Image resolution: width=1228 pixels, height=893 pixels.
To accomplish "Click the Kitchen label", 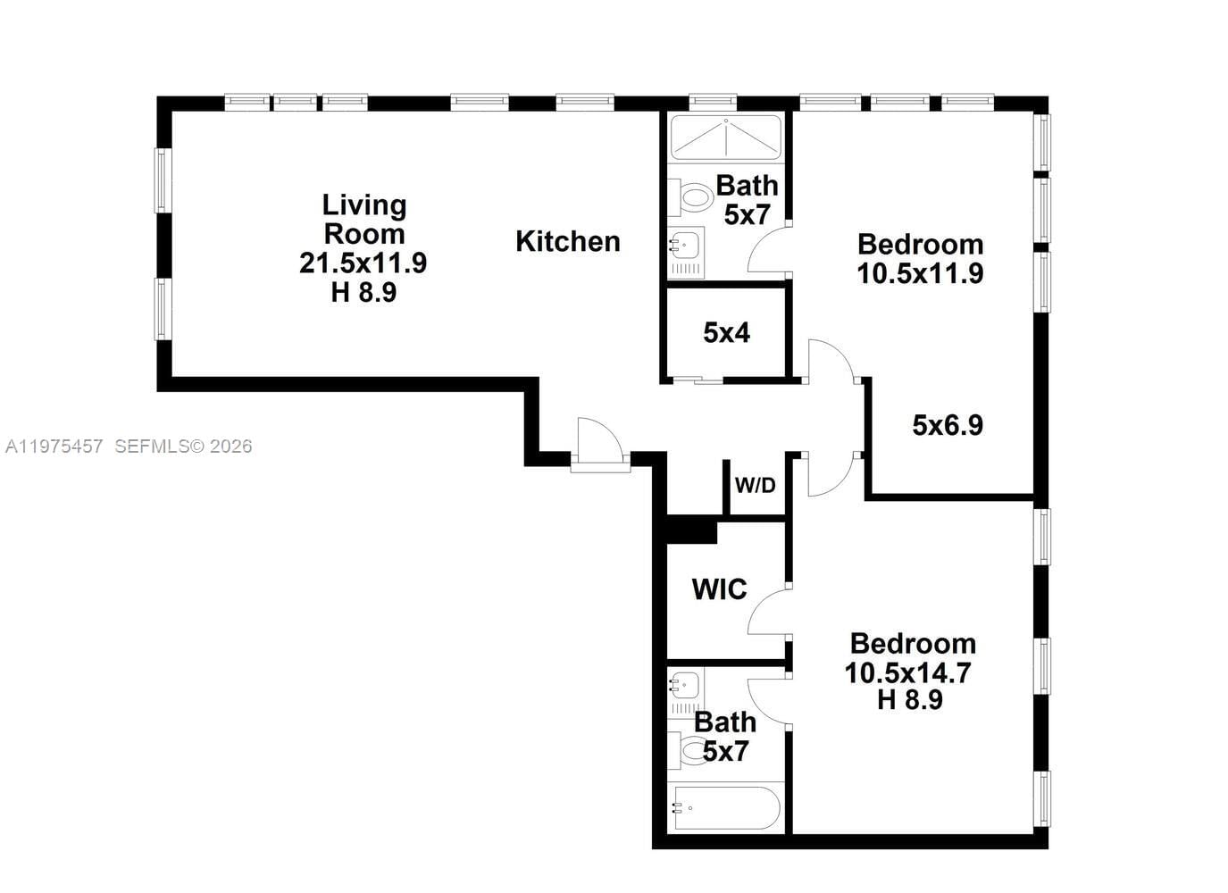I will tap(567, 241).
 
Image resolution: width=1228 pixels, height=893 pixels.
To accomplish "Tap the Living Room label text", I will tap(363, 220).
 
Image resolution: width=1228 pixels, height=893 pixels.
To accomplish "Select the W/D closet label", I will tap(755, 486).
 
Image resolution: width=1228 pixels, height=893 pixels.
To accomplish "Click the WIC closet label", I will tap(719, 589).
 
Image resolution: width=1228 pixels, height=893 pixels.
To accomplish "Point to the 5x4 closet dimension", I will tap(726, 333).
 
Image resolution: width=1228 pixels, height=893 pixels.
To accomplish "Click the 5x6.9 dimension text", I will tap(948, 425).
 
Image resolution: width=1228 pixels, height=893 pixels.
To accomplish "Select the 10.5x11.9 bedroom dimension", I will tap(920, 273).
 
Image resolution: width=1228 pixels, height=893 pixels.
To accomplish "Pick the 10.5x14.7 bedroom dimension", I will tap(908, 672).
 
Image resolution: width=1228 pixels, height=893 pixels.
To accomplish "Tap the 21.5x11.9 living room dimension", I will tap(363, 263).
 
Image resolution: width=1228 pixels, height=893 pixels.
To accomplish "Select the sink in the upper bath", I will tap(685, 244).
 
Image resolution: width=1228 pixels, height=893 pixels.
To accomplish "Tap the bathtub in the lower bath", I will tap(725, 808).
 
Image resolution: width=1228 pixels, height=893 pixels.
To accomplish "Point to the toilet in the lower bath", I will tap(689, 750).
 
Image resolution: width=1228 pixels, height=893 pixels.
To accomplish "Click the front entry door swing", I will tap(597, 441).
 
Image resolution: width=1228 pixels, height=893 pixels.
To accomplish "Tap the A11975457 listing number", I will tap(54, 446).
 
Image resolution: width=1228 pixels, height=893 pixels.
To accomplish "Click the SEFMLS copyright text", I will tap(183, 446).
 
